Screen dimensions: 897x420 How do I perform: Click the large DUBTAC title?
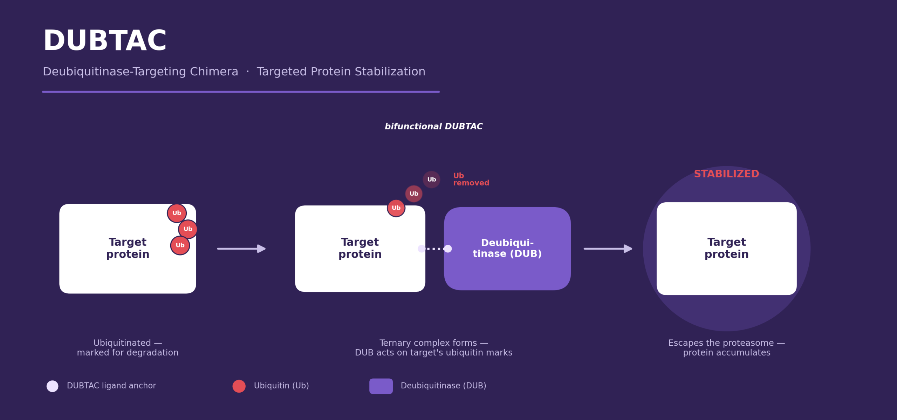tap(104, 41)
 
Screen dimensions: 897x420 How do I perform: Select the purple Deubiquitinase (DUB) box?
tap(507, 249)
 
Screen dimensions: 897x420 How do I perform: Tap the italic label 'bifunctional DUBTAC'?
tap(433, 126)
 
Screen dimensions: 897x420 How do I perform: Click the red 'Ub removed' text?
tap(471, 179)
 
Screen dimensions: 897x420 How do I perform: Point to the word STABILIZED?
tap(726, 174)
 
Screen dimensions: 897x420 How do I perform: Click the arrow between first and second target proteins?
tap(241, 249)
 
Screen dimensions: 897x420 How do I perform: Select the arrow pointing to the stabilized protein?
tap(608, 249)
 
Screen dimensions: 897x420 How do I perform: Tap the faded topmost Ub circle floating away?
tap(431, 179)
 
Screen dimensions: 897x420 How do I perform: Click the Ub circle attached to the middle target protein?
tap(396, 208)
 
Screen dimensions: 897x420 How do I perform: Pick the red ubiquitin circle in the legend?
tap(239, 386)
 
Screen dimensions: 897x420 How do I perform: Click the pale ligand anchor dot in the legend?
tap(53, 386)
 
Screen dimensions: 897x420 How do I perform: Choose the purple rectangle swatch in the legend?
tap(381, 386)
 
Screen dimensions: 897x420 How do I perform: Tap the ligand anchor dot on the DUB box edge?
tap(448, 249)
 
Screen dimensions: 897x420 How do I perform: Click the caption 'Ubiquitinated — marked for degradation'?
tap(128, 347)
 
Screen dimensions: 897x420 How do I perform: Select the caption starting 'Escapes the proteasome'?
tap(726, 347)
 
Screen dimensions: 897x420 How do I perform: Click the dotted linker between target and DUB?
tap(435, 249)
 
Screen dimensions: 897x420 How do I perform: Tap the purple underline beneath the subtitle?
tap(241, 92)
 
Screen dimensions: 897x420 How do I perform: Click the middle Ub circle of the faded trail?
tap(414, 194)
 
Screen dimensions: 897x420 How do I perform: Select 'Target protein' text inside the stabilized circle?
tap(726, 248)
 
